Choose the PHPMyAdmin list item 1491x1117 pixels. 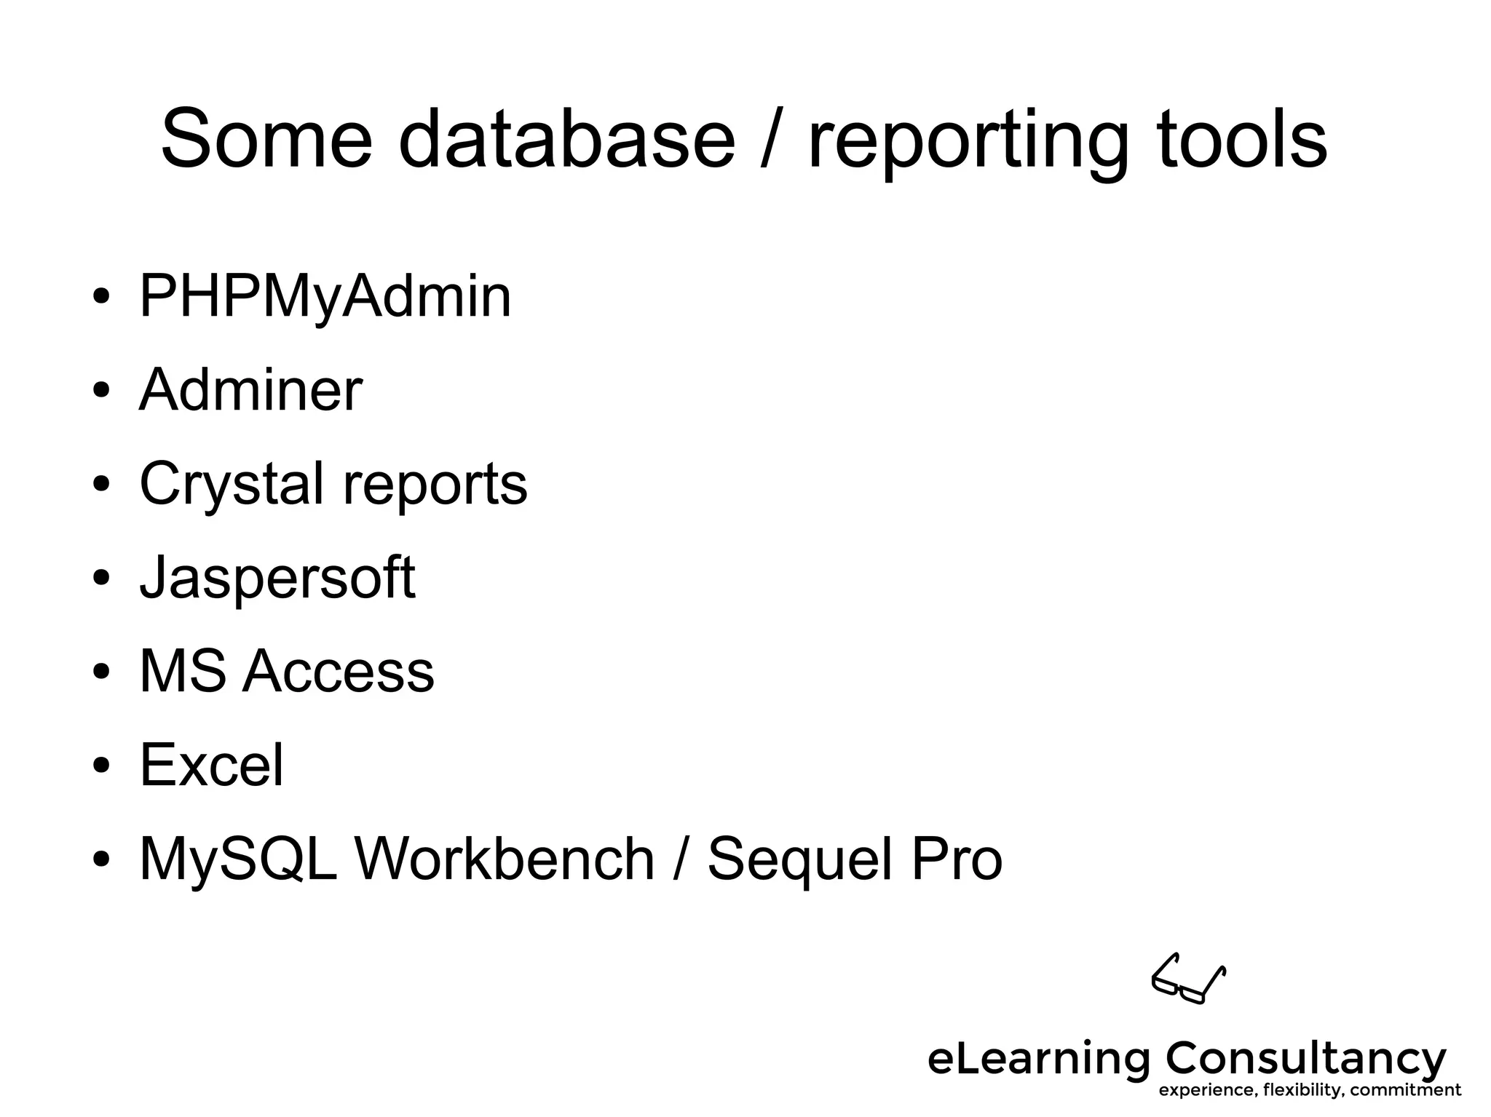[325, 297]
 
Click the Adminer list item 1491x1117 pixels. [250, 390]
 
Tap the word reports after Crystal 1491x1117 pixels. [435, 487]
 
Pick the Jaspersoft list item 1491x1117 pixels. [277, 579]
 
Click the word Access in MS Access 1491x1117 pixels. [338, 671]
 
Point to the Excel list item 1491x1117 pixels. [211, 764]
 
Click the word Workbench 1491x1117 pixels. [505, 858]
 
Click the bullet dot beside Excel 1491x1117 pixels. [101, 766]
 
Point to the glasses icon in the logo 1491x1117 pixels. [1187, 979]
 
